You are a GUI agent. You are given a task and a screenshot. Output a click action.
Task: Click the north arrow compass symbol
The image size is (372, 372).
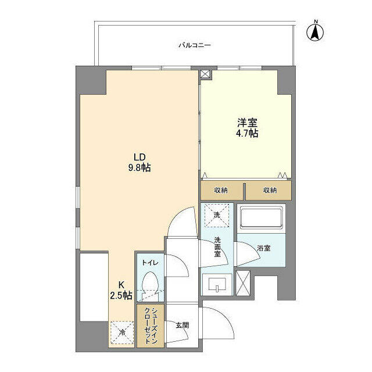[x=315, y=31]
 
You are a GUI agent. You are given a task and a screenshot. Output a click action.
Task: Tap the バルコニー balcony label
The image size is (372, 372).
[x=195, y=45]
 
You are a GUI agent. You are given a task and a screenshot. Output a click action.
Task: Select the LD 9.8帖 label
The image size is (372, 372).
[x=139, y=163]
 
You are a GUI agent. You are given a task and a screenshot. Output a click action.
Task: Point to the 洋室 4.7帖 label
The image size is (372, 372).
[x=247, y=128]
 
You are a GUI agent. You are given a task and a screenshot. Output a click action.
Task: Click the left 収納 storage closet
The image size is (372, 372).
[x=221, y=190]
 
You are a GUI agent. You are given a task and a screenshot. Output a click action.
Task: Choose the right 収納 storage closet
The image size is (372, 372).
[x=269, y=190]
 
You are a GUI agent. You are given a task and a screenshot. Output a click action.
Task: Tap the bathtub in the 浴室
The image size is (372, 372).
[x=261, y=218]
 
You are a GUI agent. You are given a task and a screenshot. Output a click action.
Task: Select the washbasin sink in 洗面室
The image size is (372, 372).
[x=217, y=284]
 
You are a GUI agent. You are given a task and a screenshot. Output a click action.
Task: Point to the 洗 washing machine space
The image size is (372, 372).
[x=217, y=215]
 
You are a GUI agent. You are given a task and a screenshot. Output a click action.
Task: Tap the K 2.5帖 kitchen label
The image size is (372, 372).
[x=121, y=290]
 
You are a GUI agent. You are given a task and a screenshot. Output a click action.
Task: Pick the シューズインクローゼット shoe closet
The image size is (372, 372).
[x=151, y=326]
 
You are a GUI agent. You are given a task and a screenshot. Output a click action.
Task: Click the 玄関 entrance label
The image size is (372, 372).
[x=183, y=325]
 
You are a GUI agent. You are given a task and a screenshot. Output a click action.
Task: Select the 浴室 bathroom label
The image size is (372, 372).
[x=264, y=248]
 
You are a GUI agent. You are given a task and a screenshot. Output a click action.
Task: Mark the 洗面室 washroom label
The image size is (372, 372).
[x=217, y=246]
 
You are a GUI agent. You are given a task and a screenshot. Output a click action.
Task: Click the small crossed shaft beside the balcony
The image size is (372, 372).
[x=205, y=74]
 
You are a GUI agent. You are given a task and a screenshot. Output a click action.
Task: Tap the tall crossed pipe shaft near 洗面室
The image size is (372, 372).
[x=243, y=283]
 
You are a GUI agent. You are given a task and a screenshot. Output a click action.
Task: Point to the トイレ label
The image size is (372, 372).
[x=150, y=263]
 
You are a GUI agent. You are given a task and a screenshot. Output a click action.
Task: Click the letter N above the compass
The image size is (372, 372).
[x=316, y=22]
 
